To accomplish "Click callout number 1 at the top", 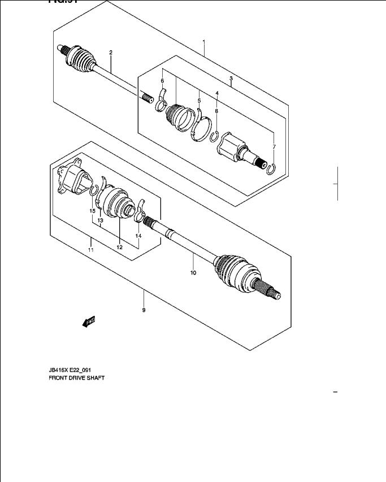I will tap(203, 42).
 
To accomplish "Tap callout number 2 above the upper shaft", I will tap(111, 53).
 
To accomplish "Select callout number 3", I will tap(231, 78).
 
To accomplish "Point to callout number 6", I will tap(162, 81).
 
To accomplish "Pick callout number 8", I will tap(216, 111).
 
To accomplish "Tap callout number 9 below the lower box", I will tap(144, 310).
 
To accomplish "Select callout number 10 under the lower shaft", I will tap(193, 273).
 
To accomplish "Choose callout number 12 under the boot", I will tap(120, 247).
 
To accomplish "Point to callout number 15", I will tap(92, 211).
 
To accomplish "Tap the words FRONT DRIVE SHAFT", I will tap(76, 377).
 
